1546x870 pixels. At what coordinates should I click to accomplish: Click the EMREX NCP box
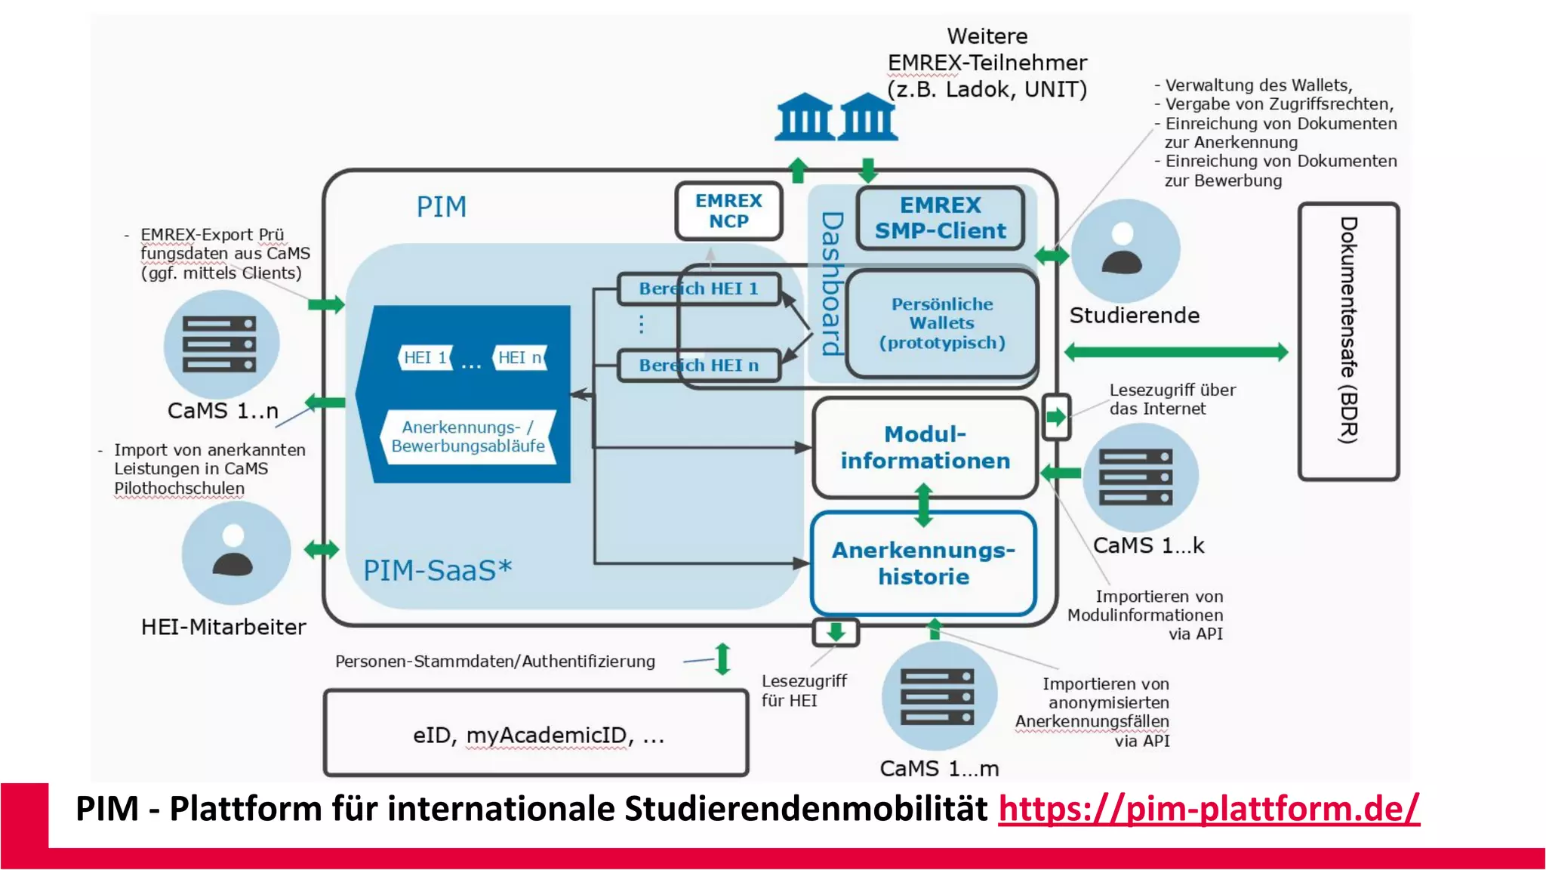coord(728,211)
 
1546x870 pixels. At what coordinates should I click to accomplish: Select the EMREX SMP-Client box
coord(940,218)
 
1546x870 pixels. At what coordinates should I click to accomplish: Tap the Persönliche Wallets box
coord(941,323)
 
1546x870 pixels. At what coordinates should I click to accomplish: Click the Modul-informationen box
coord(925,448)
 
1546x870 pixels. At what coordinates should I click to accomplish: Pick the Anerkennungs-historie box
coord(923,563)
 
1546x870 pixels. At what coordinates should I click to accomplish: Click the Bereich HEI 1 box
coord(698,288)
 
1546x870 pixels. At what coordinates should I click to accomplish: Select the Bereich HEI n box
coord(698,366)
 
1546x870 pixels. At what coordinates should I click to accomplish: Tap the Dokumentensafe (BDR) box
coord(1348,341)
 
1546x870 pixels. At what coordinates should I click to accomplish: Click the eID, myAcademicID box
coord(536,733)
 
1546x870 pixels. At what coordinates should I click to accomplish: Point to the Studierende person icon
coord(1123,250)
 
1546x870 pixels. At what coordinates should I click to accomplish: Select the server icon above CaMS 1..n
coord(220,344)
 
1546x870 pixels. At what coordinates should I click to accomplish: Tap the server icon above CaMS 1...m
coord(938,696)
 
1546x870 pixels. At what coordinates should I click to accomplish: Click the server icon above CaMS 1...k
coord(1136,477)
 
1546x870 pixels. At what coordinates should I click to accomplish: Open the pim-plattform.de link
coord(1209,809)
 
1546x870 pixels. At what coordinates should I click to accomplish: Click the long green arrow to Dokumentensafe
coord(1175,352)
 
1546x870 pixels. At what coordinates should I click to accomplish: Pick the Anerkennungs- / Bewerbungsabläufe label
coord(467,437)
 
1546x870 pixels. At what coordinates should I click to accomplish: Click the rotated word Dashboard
coord(831,284)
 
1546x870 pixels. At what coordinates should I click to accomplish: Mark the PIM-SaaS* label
coord(437,570)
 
